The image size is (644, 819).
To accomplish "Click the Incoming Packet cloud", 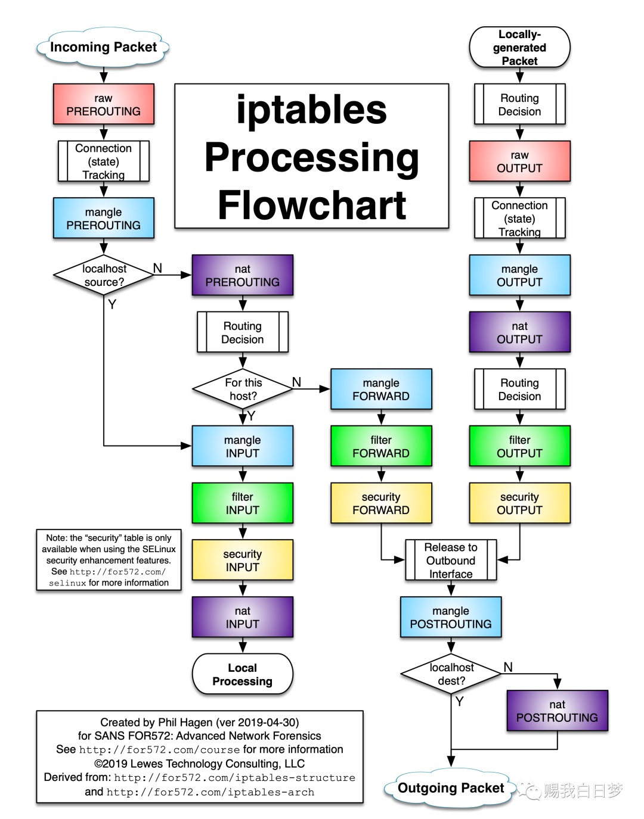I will click(103, 47).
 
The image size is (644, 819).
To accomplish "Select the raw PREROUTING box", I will click(104, 104).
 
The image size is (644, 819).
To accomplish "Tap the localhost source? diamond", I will click(104, 275).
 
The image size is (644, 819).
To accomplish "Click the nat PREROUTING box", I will click(242, 275).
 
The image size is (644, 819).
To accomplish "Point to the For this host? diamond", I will click(243, 389).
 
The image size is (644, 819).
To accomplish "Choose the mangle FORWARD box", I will click(381, 389).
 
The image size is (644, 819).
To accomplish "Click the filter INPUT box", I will click(242, 503).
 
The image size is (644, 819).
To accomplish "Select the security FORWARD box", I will click(381, 503).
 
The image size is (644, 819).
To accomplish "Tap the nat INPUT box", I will click(242, 617).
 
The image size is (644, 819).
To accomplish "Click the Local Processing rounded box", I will click(242, 674).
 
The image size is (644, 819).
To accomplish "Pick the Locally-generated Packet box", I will click(519, 48).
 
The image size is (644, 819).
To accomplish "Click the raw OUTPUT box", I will click(519, 161).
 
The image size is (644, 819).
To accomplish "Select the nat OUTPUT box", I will click(519, 332).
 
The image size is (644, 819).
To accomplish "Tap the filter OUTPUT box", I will click(519, 446).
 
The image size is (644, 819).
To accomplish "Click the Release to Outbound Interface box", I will click(451, 560).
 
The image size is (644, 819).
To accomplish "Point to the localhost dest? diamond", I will click(451, 674).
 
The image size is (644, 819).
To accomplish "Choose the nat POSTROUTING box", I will click(557, 711).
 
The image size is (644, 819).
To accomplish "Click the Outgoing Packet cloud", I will click(451, 788).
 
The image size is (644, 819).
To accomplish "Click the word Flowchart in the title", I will click(312, 205).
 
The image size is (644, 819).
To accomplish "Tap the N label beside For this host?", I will click(296, 382).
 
